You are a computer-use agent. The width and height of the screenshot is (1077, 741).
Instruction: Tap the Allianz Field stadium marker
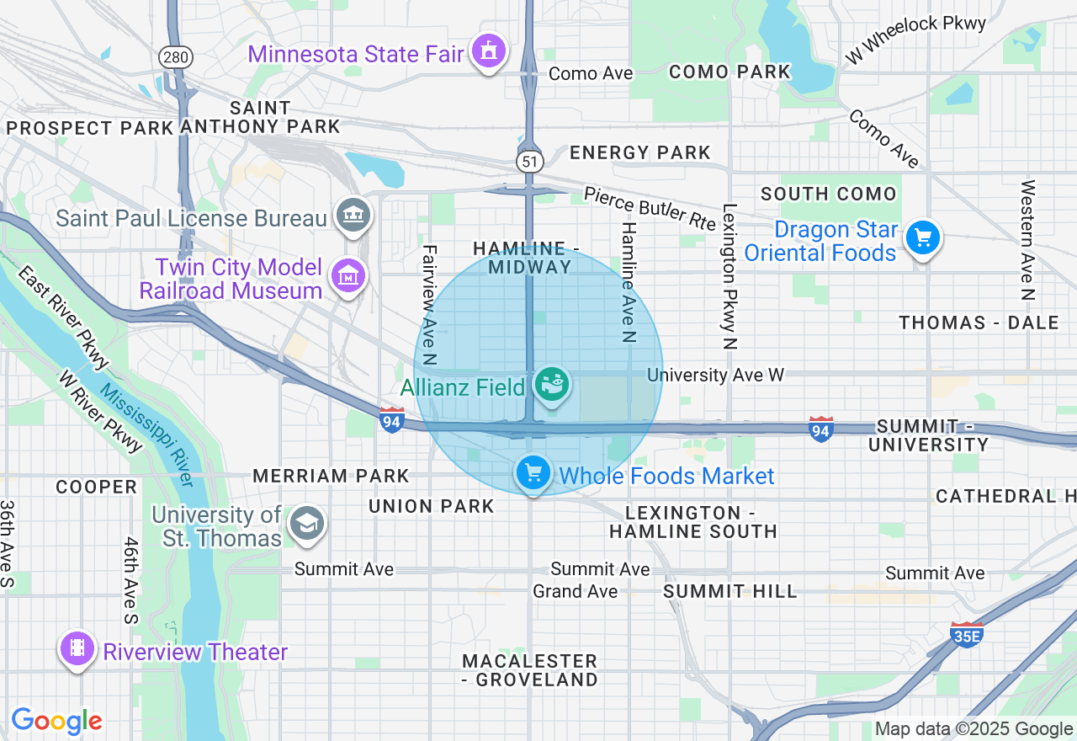(x=552, y=386)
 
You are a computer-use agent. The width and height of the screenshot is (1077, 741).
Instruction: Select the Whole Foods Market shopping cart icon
(x=533, y=474)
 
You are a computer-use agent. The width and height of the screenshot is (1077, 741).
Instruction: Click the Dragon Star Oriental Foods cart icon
(x=923, y=238)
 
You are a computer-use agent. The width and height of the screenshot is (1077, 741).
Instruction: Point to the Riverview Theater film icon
(x=77, y=649)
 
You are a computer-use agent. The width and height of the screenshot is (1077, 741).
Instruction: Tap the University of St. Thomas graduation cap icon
(x=306, y=525)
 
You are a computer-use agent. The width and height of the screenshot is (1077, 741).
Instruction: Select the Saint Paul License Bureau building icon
(x=353, y=216)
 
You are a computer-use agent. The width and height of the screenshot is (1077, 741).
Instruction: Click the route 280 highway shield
(x=176, y=57)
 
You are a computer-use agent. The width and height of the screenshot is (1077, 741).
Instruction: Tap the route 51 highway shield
(x=529, y=162)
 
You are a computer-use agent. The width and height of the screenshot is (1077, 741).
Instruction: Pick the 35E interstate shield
(x=967, y=634)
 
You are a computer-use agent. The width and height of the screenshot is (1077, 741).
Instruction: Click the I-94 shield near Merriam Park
(x=391, y=419)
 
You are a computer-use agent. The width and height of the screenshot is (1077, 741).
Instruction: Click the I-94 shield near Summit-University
(x=821, y=429)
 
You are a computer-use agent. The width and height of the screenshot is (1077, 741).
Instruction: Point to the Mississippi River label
(x=147, y=435)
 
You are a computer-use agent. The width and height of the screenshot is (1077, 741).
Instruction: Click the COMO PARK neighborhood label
(x=729, y=72)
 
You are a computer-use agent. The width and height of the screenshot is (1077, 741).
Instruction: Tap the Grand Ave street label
(x=575, y=591)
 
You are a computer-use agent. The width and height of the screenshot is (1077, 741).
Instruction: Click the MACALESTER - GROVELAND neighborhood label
(x=530, y=669)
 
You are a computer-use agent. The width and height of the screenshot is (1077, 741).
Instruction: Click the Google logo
(x=56, y=721)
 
